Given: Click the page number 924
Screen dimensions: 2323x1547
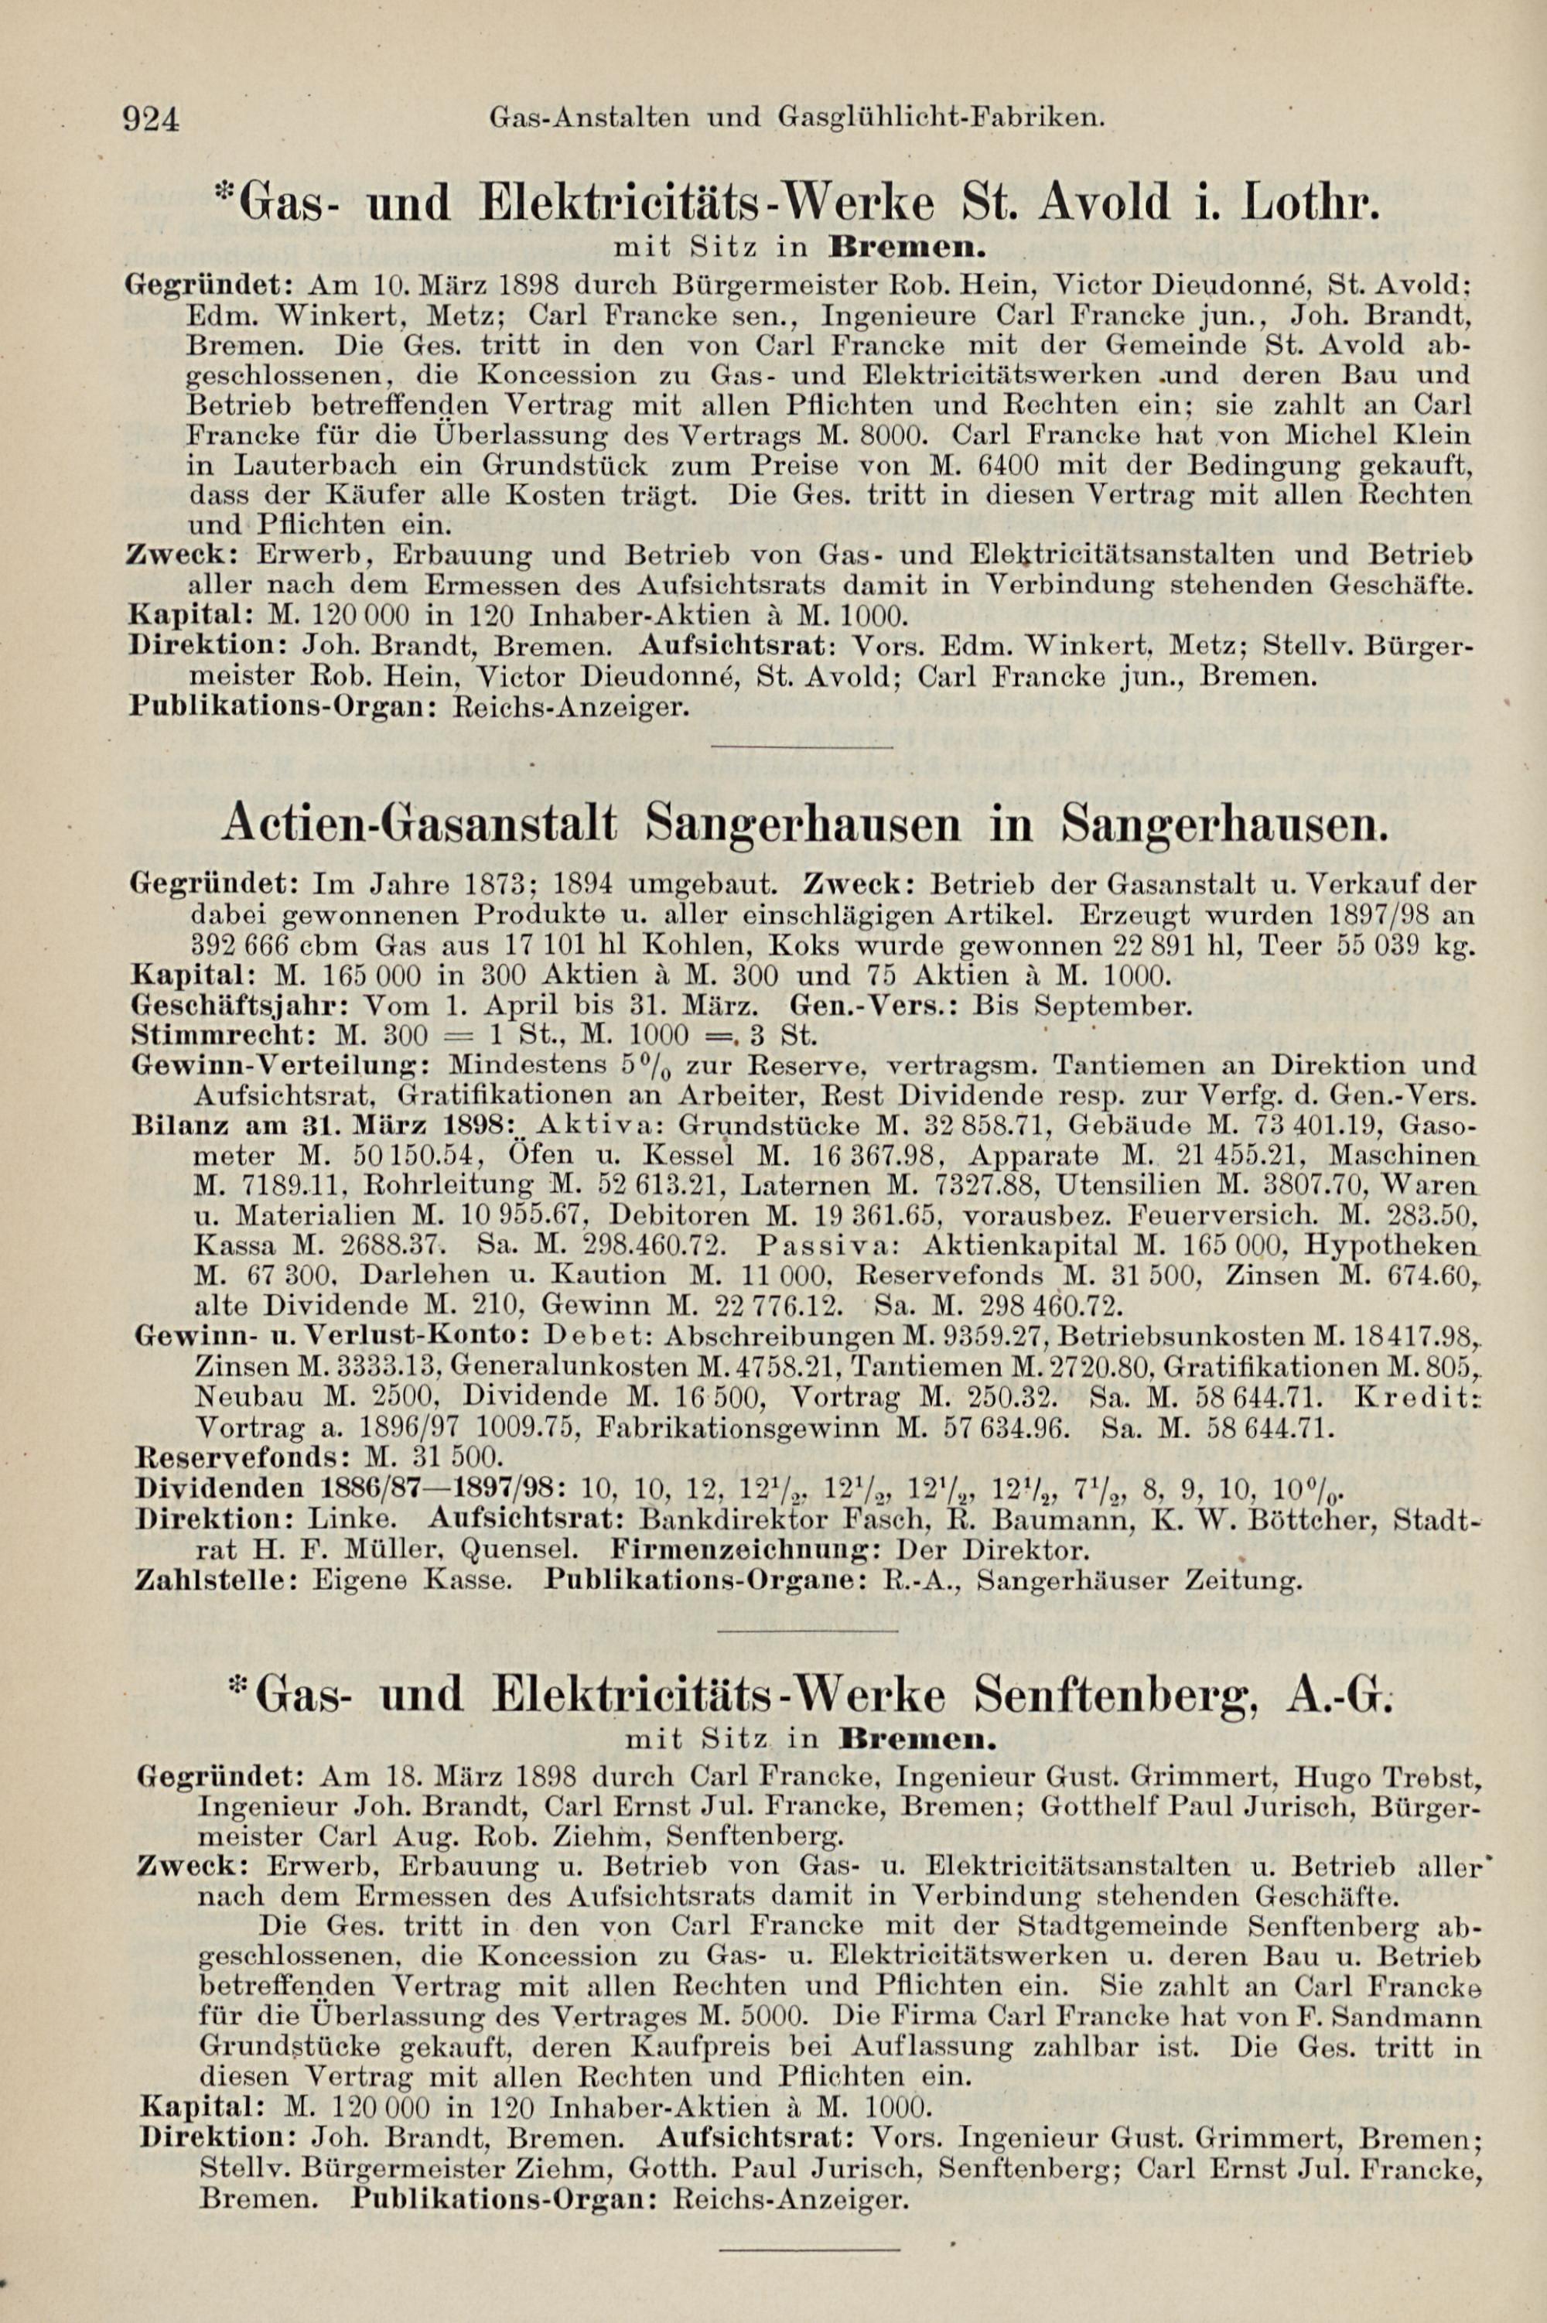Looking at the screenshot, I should (x=151, y=119).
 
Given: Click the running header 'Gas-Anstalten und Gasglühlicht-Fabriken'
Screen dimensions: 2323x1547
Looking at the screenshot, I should (x=794, y=118).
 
